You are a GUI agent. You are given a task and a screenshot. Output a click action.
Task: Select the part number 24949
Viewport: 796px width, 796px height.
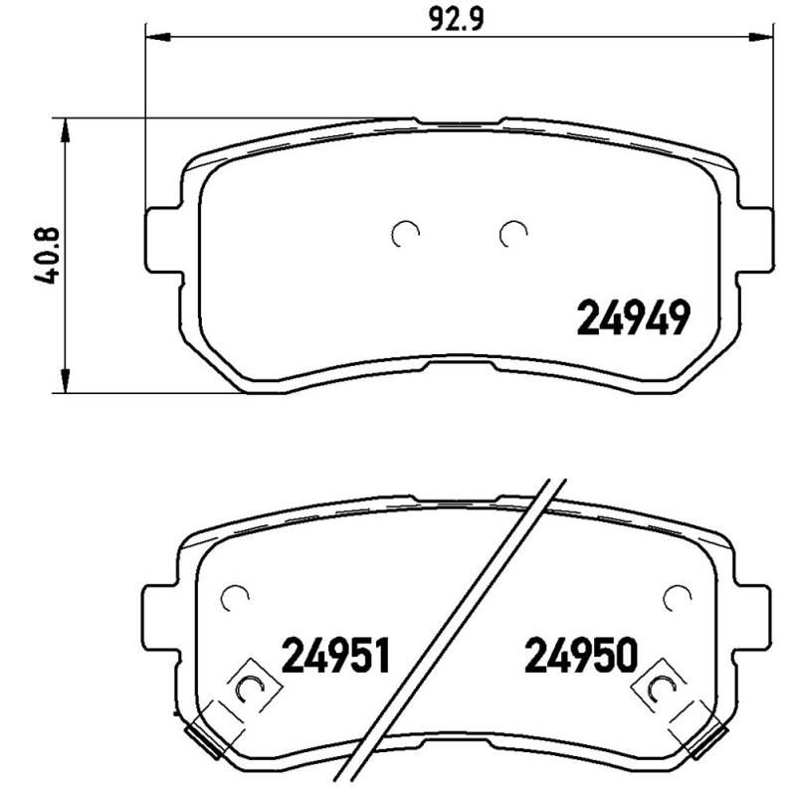633,318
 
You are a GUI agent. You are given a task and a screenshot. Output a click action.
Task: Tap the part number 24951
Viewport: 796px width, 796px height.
334,656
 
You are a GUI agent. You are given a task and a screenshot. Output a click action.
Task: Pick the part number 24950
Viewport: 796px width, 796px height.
578,656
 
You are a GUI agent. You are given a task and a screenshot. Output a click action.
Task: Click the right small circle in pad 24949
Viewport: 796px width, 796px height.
512,233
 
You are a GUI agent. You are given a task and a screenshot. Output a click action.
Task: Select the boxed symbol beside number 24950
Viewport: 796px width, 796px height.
659,686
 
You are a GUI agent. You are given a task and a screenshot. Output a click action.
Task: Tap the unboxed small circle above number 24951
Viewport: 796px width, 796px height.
235,597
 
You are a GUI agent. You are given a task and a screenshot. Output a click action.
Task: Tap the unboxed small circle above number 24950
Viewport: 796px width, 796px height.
677,597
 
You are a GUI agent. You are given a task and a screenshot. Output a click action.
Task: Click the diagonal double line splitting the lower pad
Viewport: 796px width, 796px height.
453,637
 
